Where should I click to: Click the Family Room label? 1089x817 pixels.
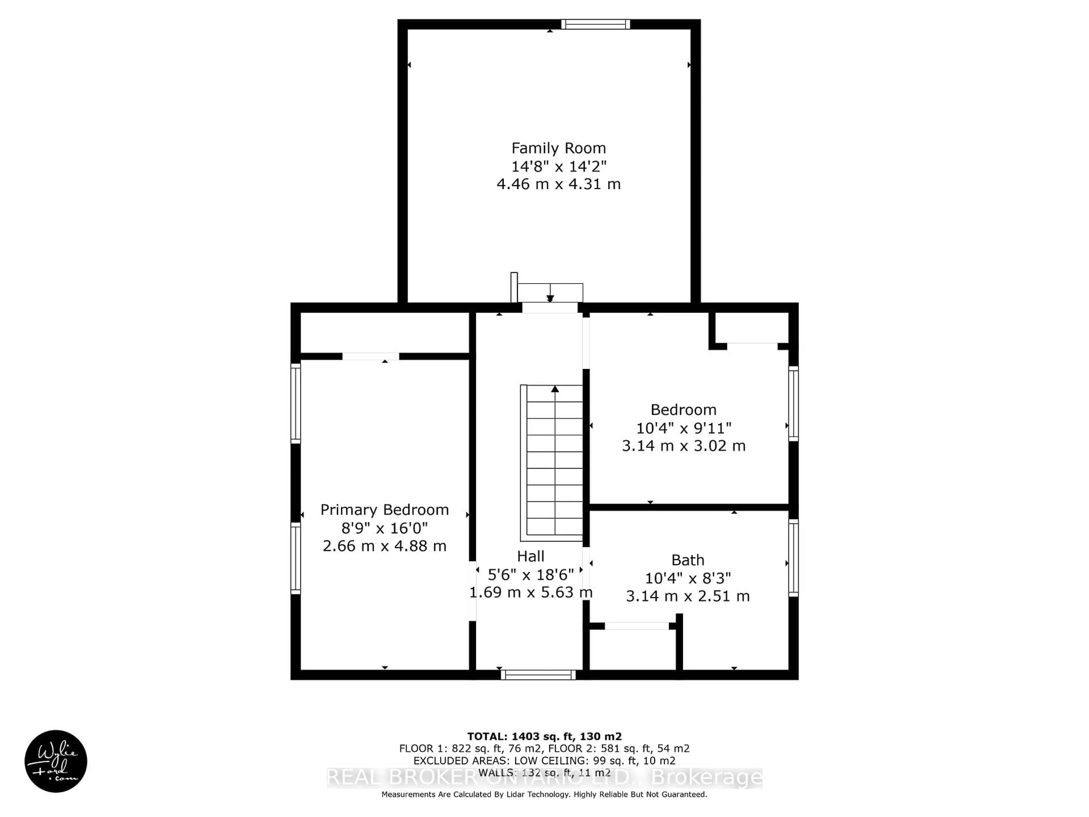click(558, 148)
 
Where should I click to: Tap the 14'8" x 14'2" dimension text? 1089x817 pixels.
click(558, 167)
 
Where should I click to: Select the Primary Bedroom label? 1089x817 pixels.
click(385, 510)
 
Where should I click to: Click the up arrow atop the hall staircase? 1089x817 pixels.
click(555, 389)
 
